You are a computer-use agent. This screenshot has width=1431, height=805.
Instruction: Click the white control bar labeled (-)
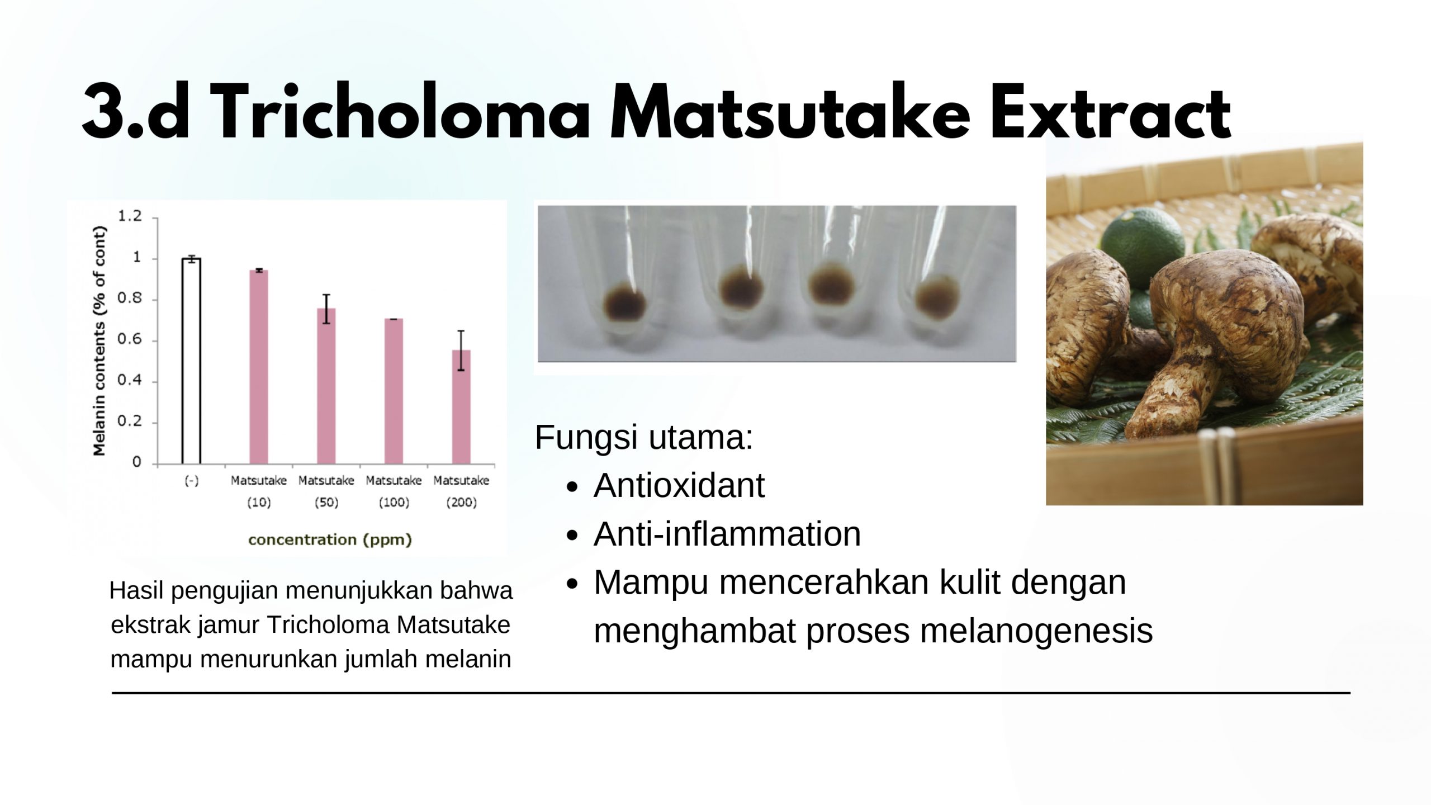coord(191,361)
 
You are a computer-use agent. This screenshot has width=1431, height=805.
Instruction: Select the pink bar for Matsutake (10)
coord(259,367)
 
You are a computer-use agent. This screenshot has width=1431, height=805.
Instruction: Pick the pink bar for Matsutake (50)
coord(326,386)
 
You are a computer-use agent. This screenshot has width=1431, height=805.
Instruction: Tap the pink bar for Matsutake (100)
coord(394,391)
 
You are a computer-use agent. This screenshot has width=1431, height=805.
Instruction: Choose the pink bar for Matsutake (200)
coord(461,408)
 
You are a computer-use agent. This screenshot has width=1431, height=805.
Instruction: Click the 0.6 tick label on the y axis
coord(130,340)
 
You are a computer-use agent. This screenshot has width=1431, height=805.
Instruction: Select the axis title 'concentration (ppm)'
coord(330,539)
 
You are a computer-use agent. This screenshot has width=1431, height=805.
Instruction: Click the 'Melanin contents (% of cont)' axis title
coord(99,341)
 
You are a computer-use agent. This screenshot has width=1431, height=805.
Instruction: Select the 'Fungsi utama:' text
coord(644,437)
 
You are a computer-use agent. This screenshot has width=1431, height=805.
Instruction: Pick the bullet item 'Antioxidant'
coord(679,485)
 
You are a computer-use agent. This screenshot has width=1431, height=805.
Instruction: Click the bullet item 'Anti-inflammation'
coord(727,533)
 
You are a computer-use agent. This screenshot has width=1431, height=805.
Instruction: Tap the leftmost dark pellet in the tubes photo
coord(625,305)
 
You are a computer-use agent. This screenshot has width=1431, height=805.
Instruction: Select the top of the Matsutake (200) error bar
coord(461,331)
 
